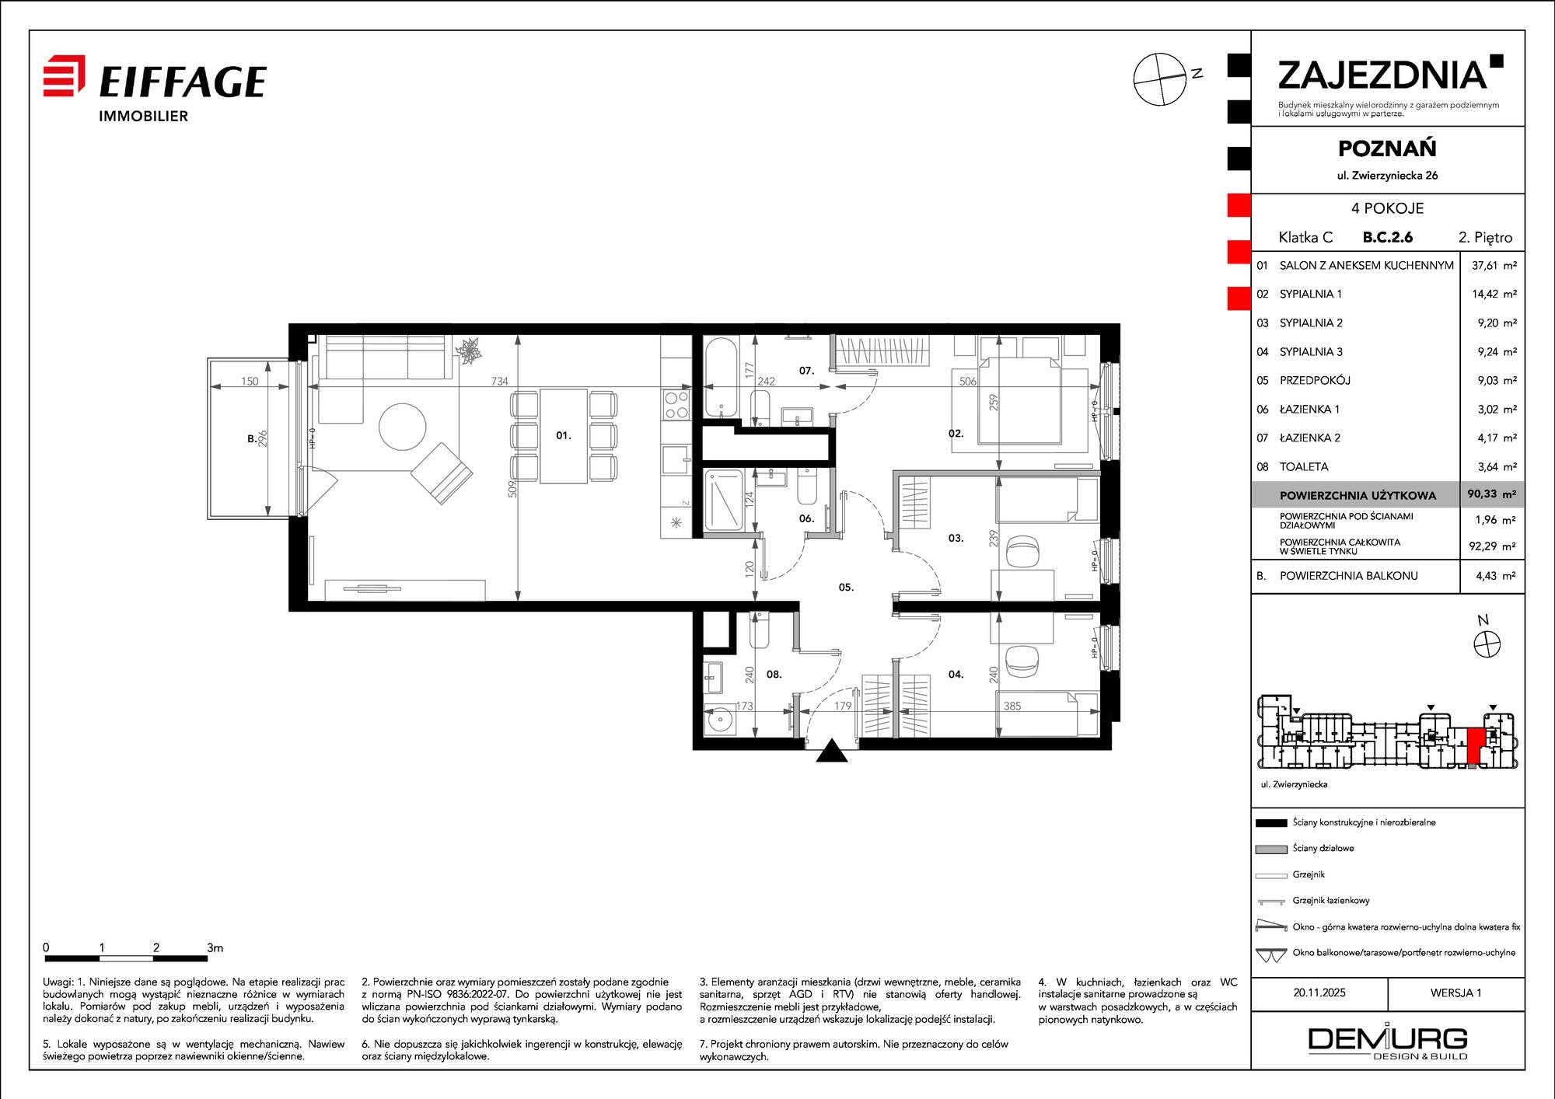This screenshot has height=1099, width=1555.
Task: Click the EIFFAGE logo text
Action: click(x=183, y=82)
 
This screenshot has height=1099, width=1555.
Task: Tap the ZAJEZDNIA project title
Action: click(x=1382, y=75)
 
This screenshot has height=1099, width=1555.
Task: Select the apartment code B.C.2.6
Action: click(x=1388, y=238)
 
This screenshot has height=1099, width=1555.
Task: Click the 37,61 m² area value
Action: click(x=1494, y=265)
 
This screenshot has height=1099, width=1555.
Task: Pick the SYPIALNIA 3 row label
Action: click(x=1311, y=351)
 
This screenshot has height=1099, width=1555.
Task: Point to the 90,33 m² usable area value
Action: click(x=1492, y=494)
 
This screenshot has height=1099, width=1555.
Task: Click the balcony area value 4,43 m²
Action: click(x=1496, y=576)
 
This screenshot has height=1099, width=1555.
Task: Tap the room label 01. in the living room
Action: click(x=564, y=435)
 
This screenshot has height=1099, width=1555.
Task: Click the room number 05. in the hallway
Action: click(x=846, y=587)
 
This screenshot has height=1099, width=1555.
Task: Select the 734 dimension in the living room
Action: click(x=499, y=381)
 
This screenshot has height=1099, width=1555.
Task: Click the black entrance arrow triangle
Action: click(x=832, y=751)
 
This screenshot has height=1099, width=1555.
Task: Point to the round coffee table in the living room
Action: click(x=403, y=427)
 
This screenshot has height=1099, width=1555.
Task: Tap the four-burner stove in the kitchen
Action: click(x=676, y=404)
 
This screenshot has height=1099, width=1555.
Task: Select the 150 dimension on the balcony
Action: click(x=250, y=381)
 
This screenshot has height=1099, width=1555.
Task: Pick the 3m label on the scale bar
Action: click(x=215, y=947)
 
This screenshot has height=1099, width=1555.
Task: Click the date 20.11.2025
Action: click(x=1319, y=993)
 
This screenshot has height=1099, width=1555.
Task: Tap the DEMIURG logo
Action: click(x=1388, y=1042)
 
